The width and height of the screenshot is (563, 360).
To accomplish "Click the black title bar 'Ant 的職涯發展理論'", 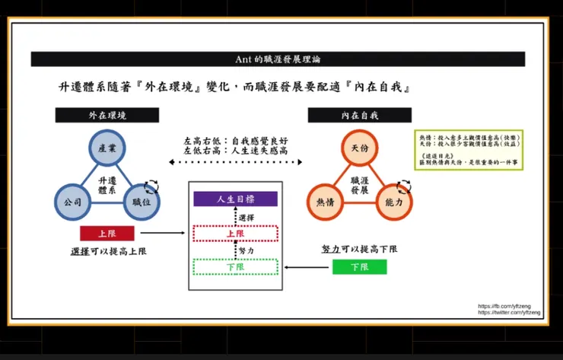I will click(278, 59).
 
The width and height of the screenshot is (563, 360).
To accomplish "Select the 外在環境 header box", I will click(107, 115).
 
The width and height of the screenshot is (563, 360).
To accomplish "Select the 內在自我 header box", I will click(359, 115).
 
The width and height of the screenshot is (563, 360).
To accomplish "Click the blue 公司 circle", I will click(72, 203).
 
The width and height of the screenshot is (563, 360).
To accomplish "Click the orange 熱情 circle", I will click(325, 203).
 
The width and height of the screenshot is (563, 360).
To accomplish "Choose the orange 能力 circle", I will click(393, 203).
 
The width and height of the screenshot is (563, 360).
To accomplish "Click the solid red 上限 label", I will click(107, 234).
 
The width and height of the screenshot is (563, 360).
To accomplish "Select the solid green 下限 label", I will click(359, 266).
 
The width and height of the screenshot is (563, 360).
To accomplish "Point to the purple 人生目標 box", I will click(235, 199).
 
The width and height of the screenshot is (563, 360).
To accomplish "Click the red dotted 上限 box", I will click(235, 234).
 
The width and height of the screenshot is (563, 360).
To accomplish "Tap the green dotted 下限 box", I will click(235, 266).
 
